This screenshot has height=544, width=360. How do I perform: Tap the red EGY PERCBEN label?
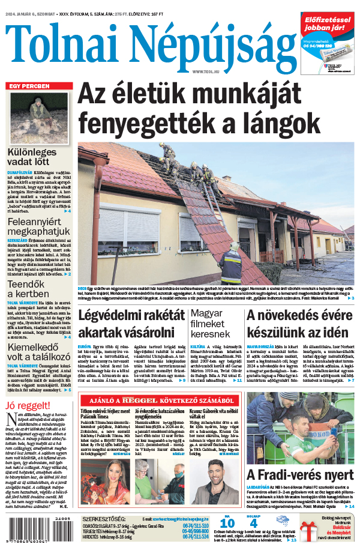[28, 86]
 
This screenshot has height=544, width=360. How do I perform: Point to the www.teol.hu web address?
[207, 72]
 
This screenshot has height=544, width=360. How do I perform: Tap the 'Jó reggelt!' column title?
[24, 403]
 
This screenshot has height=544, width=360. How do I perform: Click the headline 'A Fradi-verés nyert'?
[300, 475]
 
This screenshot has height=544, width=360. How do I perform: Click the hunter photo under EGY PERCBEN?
[39, 117]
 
